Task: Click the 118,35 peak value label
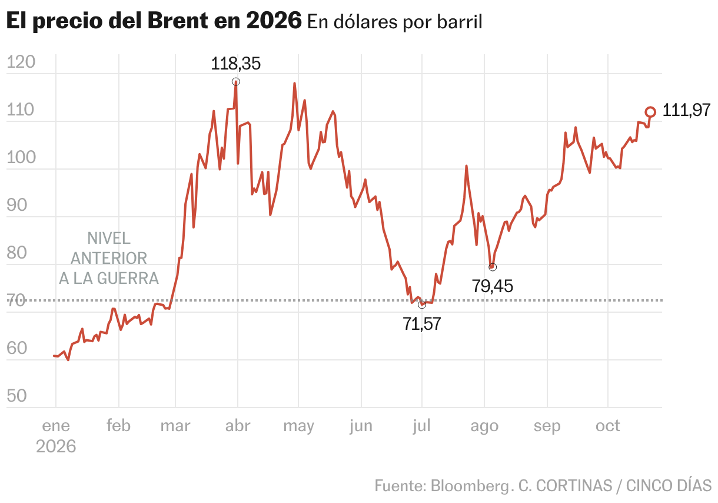[x=235, y=64]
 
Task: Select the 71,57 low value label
[x=422, y=324]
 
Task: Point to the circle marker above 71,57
[x=422, y=305]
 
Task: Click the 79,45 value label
[x=493, y=286]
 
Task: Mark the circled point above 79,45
[x=493, y=267]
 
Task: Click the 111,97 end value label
[x=686, y=110]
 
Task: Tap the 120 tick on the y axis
[x=21, y=62]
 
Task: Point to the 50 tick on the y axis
[x=16, y=396]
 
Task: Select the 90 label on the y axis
[x=16, y=204]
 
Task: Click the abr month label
[x=238, y=426]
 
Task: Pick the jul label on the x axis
[x=421, y=426]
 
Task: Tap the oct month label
[x=608, y=426]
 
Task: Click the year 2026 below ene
[x=56, y=446]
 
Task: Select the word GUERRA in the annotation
[x=128, y=279]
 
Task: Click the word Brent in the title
[x=178, y=21]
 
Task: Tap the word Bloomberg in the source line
[x=470, y=486]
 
